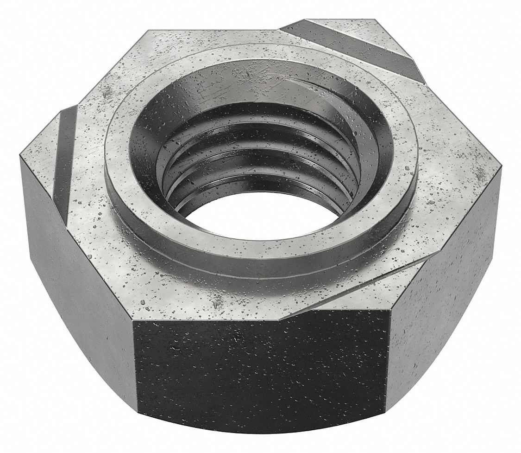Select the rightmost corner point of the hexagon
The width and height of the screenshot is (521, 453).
coord(502,167)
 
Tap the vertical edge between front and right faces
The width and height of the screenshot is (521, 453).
coord(389,366)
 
